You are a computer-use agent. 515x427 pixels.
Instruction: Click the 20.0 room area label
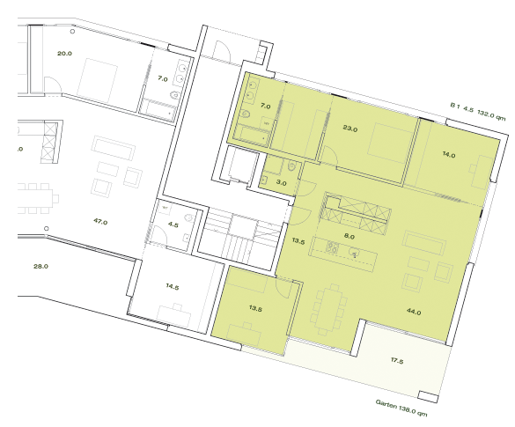[64, 53]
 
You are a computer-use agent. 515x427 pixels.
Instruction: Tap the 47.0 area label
[99, 222]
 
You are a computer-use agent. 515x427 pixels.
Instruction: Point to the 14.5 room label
[171, 287]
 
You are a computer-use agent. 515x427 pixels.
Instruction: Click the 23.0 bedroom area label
[349, 129]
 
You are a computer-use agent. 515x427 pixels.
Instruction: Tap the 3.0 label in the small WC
[282, 182]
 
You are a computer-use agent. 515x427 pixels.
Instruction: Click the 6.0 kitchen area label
[349, 236]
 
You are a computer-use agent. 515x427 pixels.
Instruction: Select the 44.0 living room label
[413, 312]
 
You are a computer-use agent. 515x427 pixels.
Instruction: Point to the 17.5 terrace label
[398, 359]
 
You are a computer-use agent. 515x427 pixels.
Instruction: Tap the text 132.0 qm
[491, 114]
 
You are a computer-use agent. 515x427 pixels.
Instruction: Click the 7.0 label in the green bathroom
[266, 106]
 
